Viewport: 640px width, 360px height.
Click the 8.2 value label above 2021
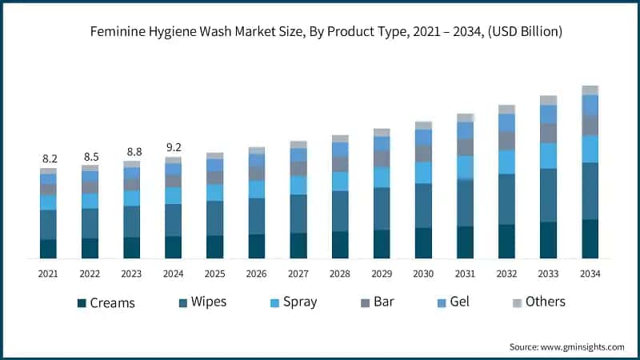[49, 159]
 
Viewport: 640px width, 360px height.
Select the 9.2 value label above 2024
[174, 148]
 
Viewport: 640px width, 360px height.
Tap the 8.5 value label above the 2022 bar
[90, 157]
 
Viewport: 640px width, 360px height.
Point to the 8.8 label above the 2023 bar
[132, 152]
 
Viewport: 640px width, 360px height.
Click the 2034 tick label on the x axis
[590, 274]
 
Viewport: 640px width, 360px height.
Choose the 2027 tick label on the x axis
[298, 274]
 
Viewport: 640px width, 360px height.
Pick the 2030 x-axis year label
[423, 274]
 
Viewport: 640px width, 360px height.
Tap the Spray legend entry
[294, 302]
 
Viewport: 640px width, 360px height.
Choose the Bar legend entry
[382, 302]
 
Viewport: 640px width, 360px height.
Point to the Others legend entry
[545, 302]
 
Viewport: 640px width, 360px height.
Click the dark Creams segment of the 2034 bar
[590, 238]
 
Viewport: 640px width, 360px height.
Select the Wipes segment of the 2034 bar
[590, 191]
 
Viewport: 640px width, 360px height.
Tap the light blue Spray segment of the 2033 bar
[548, 155]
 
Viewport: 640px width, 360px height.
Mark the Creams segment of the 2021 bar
[49, 249]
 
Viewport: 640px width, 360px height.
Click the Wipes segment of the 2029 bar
[382, 209]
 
